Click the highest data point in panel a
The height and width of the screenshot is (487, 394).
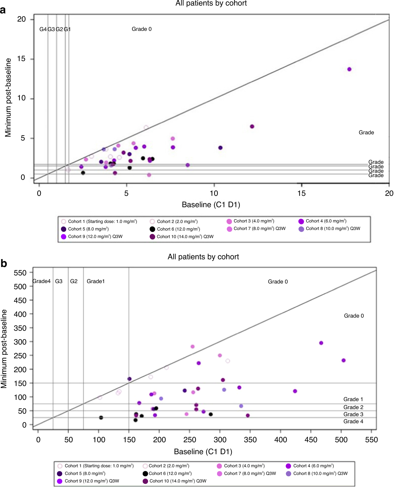click(x=349, y=69)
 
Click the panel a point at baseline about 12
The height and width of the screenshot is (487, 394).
click(x=252, y=127)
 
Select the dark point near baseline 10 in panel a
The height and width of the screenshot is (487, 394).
click(x=220, y=148)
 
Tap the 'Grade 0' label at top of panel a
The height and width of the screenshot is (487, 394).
click(x=142, y=29)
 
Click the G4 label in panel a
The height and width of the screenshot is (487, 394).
click(x=43, y=29)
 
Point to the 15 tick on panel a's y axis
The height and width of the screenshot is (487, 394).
click(x=21, y=59)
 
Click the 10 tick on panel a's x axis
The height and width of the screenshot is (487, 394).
click(x=214, y=193)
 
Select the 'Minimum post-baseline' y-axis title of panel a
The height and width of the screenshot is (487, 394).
click(x=8, y=97)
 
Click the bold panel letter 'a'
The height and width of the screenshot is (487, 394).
click(x=3, y=10)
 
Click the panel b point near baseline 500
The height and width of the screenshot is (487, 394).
click(x=343, y=360)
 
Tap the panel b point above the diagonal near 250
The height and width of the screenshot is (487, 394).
click(x=192, y=346)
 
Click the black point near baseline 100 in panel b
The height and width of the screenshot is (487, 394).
click(x=101, y=418)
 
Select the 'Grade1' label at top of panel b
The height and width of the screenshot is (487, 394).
click(x=95, y=281)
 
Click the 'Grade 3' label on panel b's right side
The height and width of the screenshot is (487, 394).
click(x=353, y=414)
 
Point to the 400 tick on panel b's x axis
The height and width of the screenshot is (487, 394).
click(x=280, y=440)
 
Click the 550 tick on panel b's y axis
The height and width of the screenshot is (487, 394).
click(x=20, y=273)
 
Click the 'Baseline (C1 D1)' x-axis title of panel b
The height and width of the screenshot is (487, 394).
click(x=203, y=452)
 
